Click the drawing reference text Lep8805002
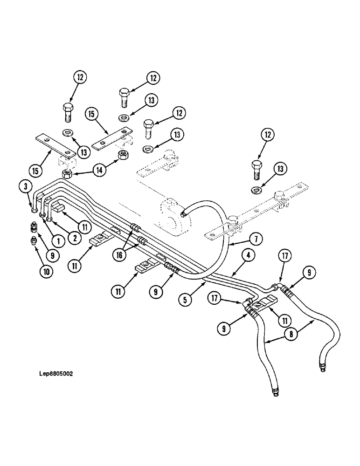click(x=57, y=373)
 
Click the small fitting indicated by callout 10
click(x=34, y=240)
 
